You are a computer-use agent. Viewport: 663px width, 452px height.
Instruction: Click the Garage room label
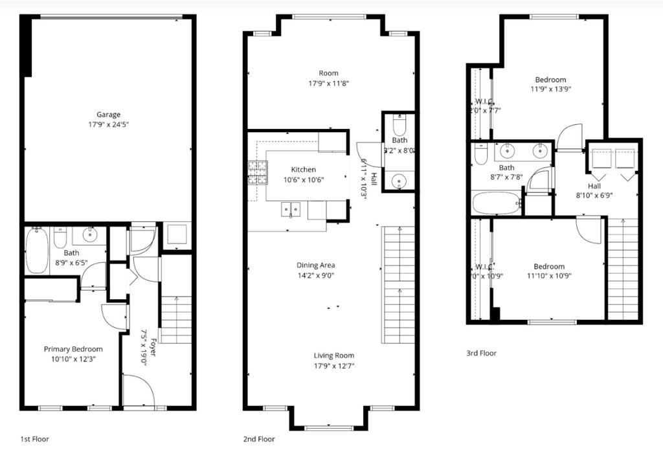coord(108,115)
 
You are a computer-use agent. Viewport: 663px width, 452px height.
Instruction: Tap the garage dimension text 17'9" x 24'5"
coord(108,124)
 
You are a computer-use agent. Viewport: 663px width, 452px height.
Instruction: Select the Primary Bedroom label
coord(73,349)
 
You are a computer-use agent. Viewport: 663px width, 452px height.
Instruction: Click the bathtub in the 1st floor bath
coord(37,252)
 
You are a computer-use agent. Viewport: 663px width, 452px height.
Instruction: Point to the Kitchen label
coord(303,170)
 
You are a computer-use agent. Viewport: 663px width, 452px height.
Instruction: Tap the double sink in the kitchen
coord(290,209)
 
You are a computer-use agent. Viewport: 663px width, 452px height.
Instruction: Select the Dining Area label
coord(315,265)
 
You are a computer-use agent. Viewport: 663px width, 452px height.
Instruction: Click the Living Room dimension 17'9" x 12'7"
coord(334,365)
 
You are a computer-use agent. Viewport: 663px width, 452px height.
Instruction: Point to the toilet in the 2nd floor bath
coord(399,123)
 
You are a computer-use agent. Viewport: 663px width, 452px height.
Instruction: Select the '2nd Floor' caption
coord(258,439)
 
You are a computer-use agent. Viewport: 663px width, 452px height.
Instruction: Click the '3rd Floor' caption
coord(481,353)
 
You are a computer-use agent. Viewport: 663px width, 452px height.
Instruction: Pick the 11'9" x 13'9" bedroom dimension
coord(551,89)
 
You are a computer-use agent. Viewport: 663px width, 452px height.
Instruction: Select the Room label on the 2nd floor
coord(328,73)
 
